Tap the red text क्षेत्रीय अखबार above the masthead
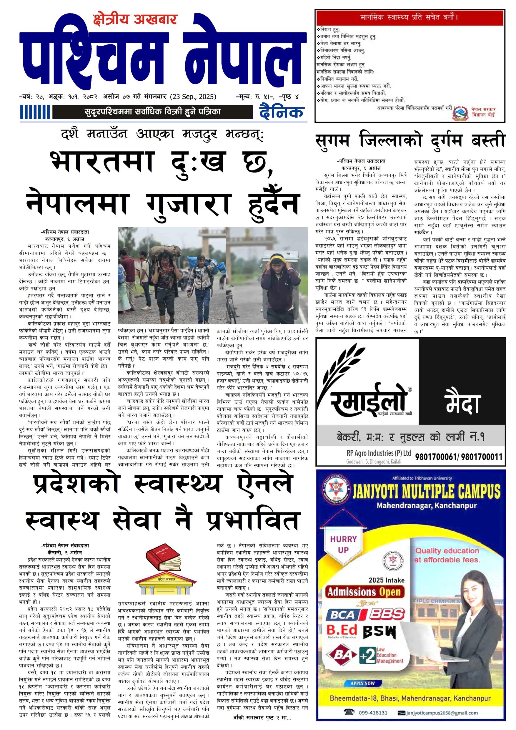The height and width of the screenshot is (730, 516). pos(135,20)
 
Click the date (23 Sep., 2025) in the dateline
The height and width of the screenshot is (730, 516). pos(193,97)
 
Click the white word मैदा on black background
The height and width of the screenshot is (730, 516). pos(463,404)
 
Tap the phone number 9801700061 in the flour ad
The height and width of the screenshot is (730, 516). pos(435,457)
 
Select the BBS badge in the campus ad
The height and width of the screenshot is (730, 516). pos(387,614)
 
